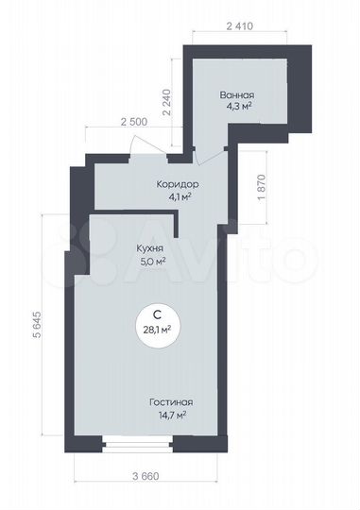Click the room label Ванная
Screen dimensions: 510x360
[x=235, y=95]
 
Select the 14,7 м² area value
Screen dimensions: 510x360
[x=170, y=415]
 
